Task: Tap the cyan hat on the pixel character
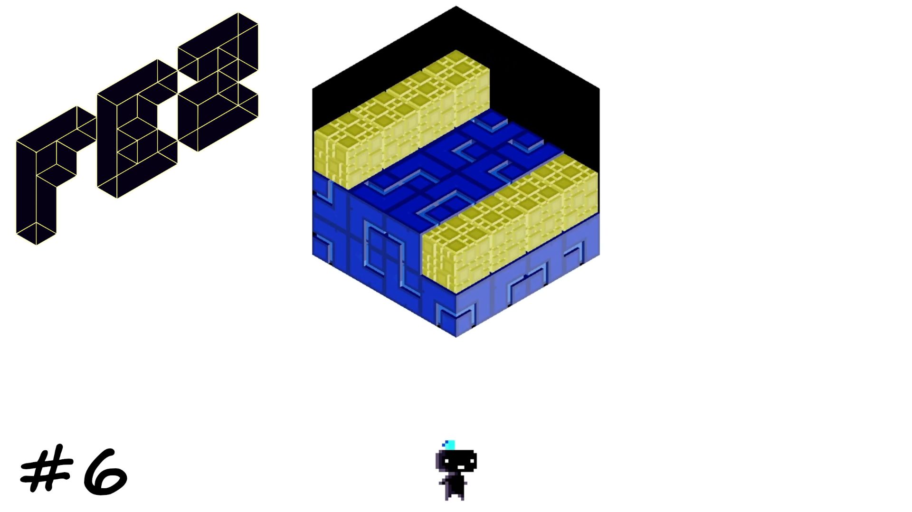[x=449, y=445]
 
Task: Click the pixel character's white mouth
[x=459, y=467]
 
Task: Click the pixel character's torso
[x=456, y=483]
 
